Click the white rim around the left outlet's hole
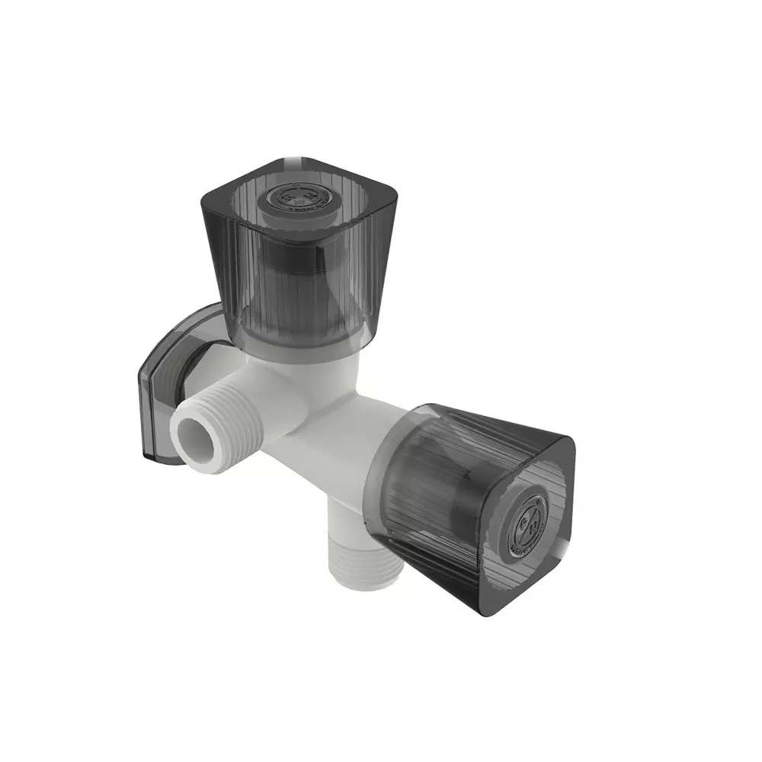181,450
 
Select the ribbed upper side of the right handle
465,427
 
